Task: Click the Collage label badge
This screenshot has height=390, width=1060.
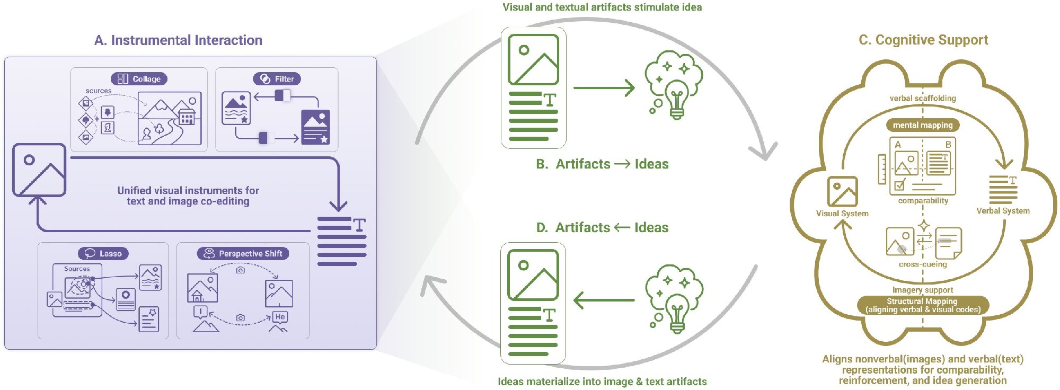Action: pyautogui.click(x=139, y=79)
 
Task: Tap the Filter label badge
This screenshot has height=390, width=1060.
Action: pyautogui.click(x=277, y=79)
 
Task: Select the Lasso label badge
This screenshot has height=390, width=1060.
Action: pyautogui.click(x=103, y=253)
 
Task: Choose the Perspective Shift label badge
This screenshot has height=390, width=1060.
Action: pyautogui.click(x=243, y=253)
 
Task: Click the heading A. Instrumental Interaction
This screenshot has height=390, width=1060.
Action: pyautogui.click(x=178, y=40)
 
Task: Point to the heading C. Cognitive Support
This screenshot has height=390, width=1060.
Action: pyautogui.click(x=923, y=40)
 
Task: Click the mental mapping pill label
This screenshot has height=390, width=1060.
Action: pyautogui.click(x=923, y=125)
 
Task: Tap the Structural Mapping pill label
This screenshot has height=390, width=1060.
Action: pyautogui.click(x=923, y=305)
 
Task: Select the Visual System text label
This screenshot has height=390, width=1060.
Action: pyautogui.click(x=842, y=214)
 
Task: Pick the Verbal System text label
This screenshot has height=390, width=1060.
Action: pyautogui.click(x=1003, y=211)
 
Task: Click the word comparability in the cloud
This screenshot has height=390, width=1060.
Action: pyautogui.click(x=923, y=201)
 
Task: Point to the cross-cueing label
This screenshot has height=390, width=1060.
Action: pyautogui.click(x=923, y=264)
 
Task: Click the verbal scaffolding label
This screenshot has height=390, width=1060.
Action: pyautogui.click(x=923, y=98)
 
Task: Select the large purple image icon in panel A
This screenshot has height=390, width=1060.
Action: pyautogui.click(x=39, y=170)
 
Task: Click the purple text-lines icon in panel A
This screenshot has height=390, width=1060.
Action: pyautogui.click(x=342, y=241)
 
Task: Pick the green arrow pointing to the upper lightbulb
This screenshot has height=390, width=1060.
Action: pyautogui.click(x=604, y=88)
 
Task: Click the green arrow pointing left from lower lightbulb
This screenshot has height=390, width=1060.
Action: pyautogui.click(x=604, y=300)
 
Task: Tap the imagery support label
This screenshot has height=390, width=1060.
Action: pyautogui.click(x=923, y=290)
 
